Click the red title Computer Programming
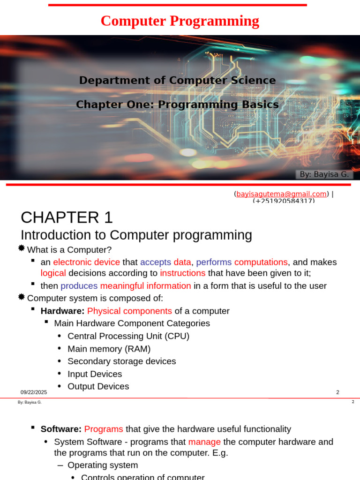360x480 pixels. coord(180,21)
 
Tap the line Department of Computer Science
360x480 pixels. coord(177,80)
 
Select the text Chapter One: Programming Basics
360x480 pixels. coord(177,105)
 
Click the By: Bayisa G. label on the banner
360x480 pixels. coord(324,174)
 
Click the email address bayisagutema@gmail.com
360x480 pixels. coord(281,194)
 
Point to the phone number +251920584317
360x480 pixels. coord(284,201)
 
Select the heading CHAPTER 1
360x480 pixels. coord(67,217)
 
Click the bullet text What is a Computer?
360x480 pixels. coord(69,250)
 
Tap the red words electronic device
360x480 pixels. coord(86,262)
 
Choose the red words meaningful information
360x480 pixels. coord(145,286)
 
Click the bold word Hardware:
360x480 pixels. coord(62,311)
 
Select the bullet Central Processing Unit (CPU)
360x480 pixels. coord(128,336)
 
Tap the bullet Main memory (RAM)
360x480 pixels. coord(109,349)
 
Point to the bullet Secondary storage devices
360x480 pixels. coord(121,361)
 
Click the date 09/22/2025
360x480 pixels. coord(34,392)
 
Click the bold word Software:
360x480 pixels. coord(61,429)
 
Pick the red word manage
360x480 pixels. coord(204,442)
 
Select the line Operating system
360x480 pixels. coord(103,465)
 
